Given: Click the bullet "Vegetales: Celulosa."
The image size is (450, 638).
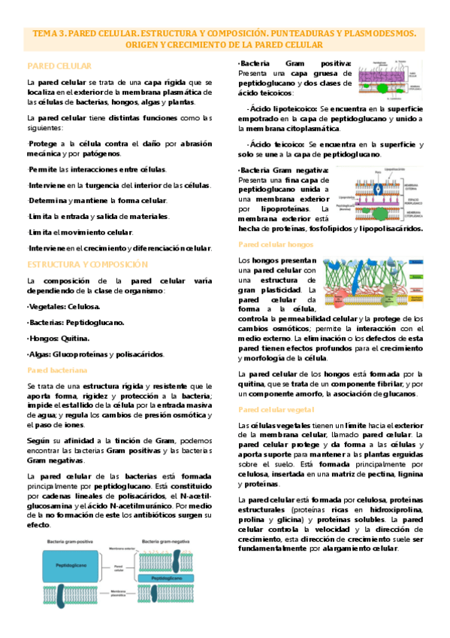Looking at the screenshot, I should point(63,306).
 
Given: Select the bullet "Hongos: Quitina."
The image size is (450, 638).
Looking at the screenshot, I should point(56,338).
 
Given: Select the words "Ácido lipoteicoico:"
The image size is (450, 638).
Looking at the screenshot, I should point(282,109).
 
